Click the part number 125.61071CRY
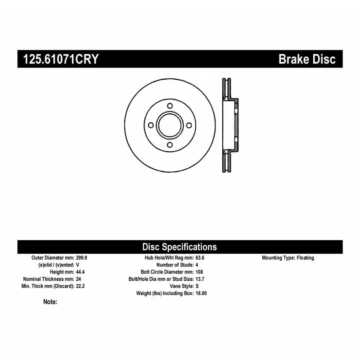point(61,59)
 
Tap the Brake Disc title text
point(307,59)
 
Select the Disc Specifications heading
point(180,247)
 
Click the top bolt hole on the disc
point(170,106)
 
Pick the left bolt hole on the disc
point(151,126)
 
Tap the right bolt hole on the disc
point(189,126)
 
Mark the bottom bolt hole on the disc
point(170,145)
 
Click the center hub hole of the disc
point(170,126)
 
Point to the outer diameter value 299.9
point(81,258)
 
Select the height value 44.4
point(81,272)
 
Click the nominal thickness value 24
point(78,279)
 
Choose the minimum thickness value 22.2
point(81,286)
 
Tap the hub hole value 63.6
point(200,258)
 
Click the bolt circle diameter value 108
point(199,272)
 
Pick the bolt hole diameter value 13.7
point(200,279)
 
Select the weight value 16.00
point(201,293)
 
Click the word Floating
point(306,258)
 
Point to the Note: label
point(50,302)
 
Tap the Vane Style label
point(182,286)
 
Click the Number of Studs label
point(175,265)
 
